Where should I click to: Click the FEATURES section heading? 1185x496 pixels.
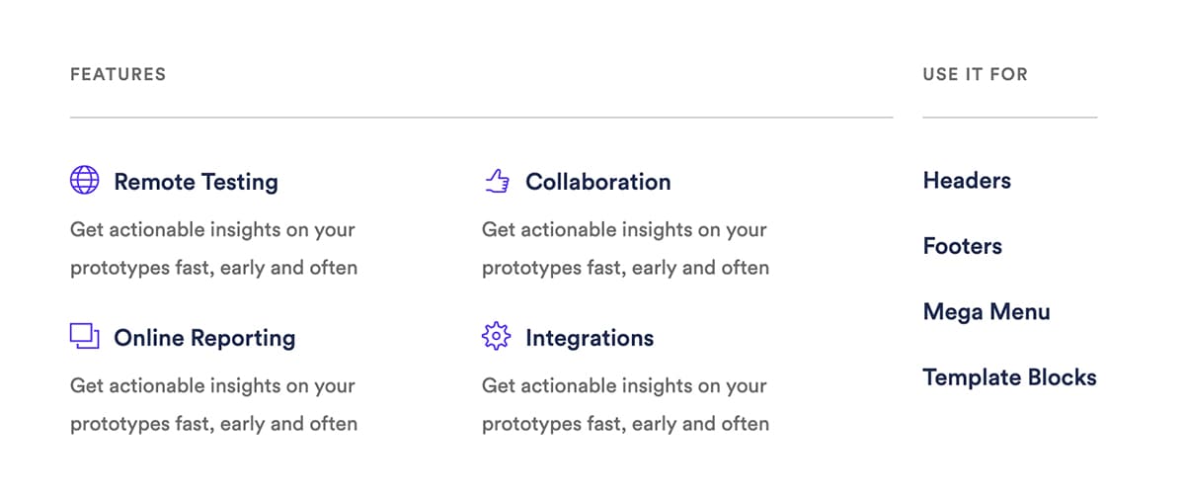point(118,74)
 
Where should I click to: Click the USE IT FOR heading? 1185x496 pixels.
point(975,74)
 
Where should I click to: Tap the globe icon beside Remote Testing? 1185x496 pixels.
point(85,180)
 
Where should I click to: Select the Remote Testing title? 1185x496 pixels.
point(196,182)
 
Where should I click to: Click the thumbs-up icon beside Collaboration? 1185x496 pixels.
point(498,181)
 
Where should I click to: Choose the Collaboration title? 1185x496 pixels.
point(597,182)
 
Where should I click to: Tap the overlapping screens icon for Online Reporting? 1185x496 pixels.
point(85,336)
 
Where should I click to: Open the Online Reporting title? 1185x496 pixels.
point(204,338)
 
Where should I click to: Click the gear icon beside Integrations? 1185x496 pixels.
point(496,336)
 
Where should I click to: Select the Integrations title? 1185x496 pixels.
point(590,338)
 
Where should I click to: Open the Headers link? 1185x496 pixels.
point(967,181)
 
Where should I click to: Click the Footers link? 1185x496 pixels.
point(962,246)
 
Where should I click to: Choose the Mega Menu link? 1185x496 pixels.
point(987,312)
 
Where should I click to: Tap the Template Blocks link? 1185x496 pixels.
point(1010,377)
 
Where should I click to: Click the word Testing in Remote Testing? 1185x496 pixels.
point(240,183)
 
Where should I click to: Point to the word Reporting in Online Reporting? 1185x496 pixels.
point(243,339)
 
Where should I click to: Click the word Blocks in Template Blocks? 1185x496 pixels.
point(1063,377)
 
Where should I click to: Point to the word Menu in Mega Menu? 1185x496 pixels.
point(1020,312)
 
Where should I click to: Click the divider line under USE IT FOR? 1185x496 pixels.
point(1010,117)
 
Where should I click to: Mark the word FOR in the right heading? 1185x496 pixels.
point(1009,74)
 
